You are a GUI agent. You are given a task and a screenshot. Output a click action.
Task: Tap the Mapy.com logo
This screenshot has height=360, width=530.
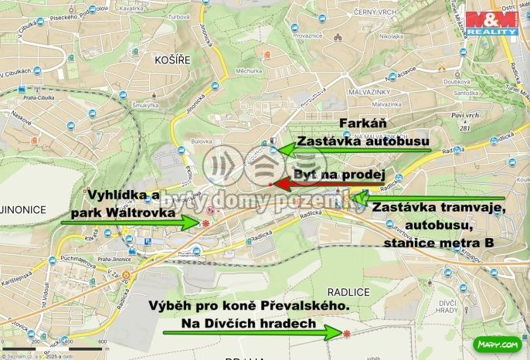497,344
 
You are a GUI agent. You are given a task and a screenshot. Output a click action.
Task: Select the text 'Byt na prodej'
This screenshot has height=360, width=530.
339,175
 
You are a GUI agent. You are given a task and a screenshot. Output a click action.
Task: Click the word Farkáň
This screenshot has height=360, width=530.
363,124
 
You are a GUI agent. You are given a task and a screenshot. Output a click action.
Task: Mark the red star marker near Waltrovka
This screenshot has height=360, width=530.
206,223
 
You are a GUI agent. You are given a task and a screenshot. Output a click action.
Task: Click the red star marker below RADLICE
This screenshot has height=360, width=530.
347,334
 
